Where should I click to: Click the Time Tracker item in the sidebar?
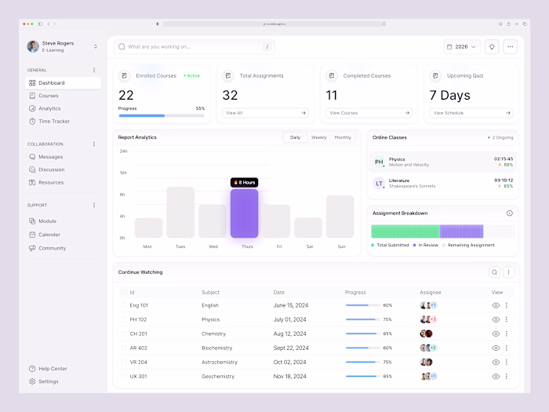[53, 122]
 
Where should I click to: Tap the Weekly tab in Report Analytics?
[318, 137]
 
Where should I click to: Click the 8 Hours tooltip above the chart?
[244, 182]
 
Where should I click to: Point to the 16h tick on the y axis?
[123, 173]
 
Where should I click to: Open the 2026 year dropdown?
[461, 46]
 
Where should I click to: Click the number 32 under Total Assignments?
[230, 96]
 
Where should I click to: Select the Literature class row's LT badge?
[379, 183]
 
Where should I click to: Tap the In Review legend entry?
[427, 245]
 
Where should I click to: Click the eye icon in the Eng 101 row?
[496, 305]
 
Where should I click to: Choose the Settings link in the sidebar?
[48, 381]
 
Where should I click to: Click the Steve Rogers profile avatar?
[33, 46]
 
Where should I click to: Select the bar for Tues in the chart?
[180, 212]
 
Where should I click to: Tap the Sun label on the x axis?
[340, 246]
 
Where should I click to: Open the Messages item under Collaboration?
[50, 157]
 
